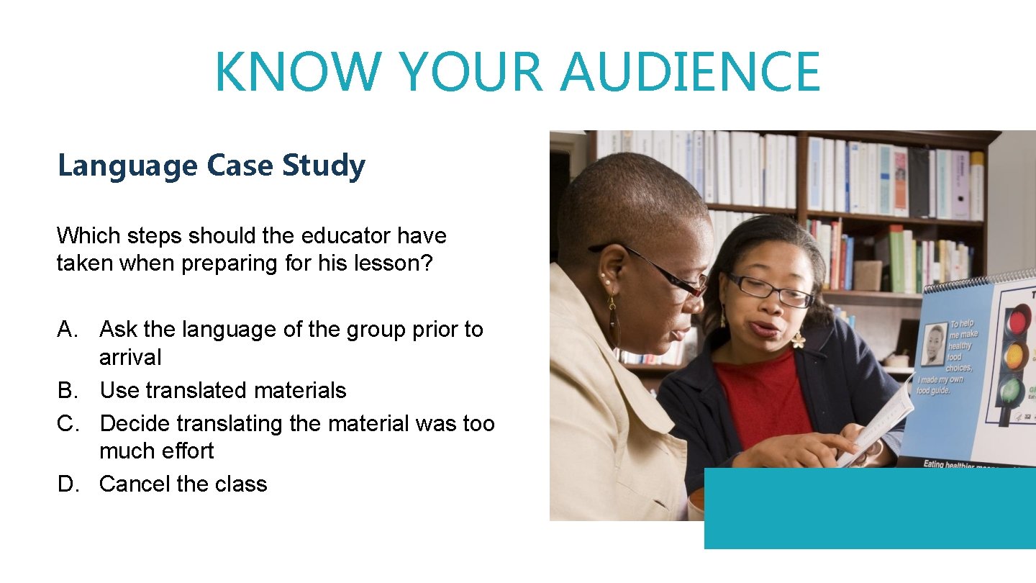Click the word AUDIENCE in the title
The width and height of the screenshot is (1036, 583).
pos(690,72)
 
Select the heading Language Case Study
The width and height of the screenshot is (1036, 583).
pos(212,166)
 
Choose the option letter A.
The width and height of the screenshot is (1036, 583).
pos(68,330)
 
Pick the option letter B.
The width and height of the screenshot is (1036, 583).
pos(68,390)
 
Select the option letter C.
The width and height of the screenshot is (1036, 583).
pos(68,423)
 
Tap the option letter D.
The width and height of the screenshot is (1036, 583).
pos(68,484)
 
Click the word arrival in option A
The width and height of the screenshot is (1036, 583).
pos(130,357)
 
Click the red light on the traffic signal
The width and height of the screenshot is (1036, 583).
pos(1016,320)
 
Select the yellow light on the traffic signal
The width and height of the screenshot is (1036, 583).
pos(1014,356)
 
